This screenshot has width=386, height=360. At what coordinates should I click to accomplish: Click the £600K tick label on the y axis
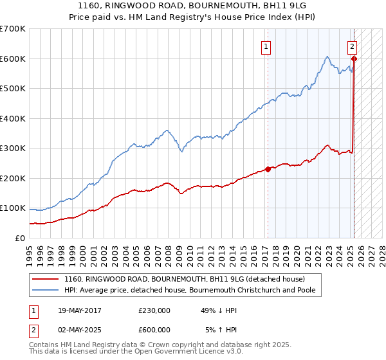[x=12, y=59]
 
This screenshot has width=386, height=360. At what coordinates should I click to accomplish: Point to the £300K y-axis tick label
[x=12, y=148]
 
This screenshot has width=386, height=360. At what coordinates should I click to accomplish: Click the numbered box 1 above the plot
[x=266, y=46]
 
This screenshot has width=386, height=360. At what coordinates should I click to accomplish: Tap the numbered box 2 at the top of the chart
[x=353, y=46]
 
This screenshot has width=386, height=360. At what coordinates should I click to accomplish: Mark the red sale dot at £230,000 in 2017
[x=268, y=170]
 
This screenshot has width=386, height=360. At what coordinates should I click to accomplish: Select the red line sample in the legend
[x=44, y=279]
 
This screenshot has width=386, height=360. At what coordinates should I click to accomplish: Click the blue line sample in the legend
[x=44, y=290]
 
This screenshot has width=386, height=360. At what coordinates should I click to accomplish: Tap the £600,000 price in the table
[x=154, y=330]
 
